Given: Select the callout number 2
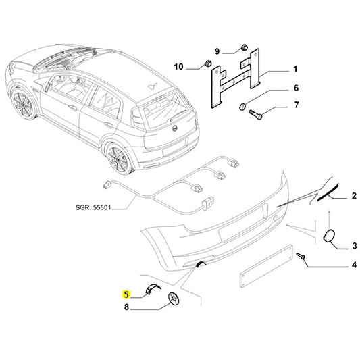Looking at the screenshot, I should pyautogui.click(x=353, y=197).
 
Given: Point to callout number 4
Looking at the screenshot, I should pyautogui.click(x=353, y=266).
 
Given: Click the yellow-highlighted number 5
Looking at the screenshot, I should pyautogui.click(x=126, y=294).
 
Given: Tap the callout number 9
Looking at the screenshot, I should pyautogui.click(x=217, y=51).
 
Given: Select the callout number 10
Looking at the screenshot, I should pyautogui.click(x=179, y=66).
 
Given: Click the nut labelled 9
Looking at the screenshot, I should pyautogui.click(x=242, y=48).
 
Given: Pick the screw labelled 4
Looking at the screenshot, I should pyautogui.click(x=303, y=257).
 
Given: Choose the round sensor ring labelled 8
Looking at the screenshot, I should pyautogui.click(x=175, y=300).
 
